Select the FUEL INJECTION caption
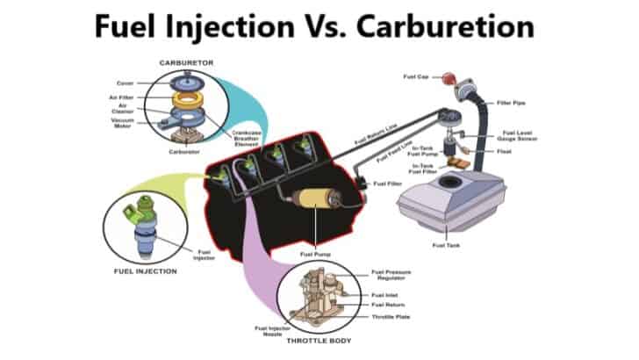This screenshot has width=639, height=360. [145, 271]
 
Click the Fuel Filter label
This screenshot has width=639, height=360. [387, 184]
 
